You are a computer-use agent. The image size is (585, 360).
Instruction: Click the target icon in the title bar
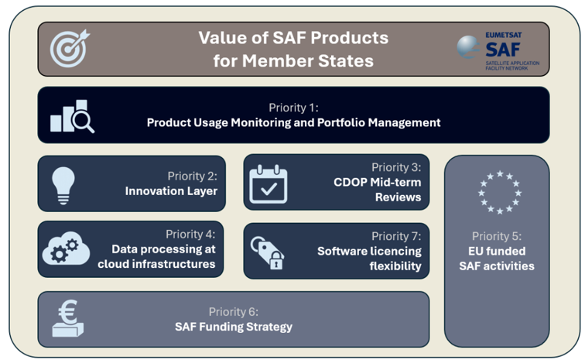(70, 48)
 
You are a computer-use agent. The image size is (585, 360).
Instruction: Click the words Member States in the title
(293, 60)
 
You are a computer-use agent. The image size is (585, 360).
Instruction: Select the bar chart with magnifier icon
(72, 116)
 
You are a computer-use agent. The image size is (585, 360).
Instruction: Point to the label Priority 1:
(293, 108)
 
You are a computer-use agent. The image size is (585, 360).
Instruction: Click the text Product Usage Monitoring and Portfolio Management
(293, 122)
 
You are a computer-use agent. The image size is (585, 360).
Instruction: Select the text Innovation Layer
(171, 190)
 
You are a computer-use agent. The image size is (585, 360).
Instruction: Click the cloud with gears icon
(67, 249)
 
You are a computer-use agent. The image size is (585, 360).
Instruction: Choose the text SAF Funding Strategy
(233, 327)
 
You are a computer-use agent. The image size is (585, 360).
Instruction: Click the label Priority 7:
(396, 236)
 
